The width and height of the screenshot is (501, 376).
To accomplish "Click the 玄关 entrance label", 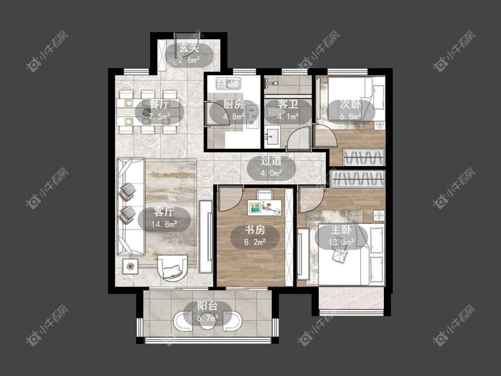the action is click(x=189, y=48).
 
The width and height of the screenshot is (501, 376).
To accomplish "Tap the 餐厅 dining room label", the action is click(x=159, y=104).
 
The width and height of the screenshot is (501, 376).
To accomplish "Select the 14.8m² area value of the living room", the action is click(x=164, y=224).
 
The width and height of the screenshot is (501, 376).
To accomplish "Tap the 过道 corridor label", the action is click(x=271, y=160).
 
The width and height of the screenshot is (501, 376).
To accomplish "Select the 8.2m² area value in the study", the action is click(x=255, y=242).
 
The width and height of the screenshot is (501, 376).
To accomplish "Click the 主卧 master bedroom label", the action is click(x=341, y=229).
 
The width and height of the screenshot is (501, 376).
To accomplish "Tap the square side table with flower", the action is click(x=130, y=266).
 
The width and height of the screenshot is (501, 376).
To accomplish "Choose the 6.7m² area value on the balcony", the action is click(x=208, y=318).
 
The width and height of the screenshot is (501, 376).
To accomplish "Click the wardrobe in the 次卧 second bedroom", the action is click(x=363, y=157).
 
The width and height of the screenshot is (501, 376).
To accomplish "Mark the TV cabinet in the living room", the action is click(x=206, y=237).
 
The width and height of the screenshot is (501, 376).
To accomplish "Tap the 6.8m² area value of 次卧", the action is click(x=350, y=116).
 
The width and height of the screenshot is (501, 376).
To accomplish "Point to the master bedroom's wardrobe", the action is click(x=358, y=179).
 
